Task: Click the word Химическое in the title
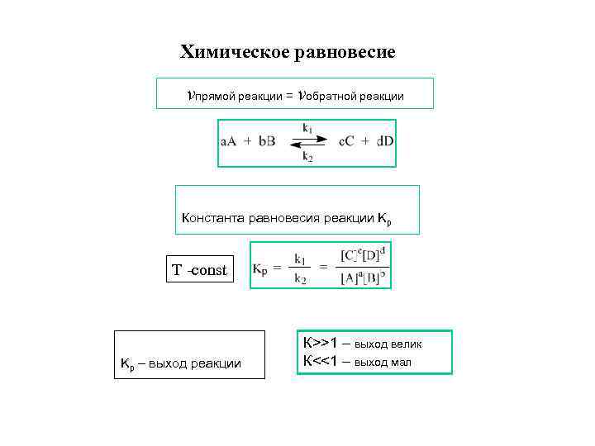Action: (232, 53)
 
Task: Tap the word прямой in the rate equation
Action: (213, 97)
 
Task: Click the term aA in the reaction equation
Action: (229, 141)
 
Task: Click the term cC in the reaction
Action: (348, 141)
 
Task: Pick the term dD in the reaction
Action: (385, 141)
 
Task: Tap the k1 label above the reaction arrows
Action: (307, 128)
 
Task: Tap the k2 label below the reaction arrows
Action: (307, 156)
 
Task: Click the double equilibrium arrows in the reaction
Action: (307, 142)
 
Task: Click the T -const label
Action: (199, 270)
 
